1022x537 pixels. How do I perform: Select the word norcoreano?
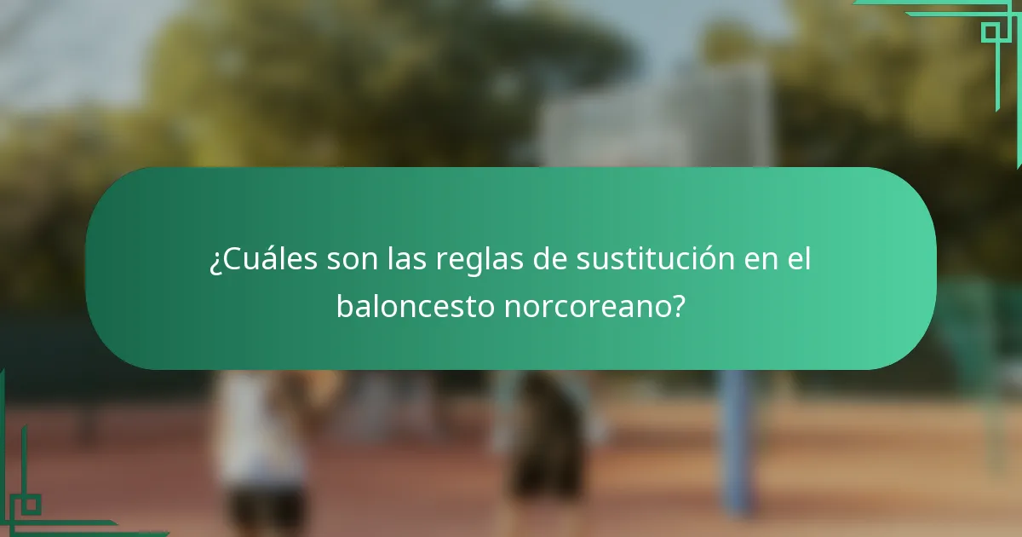coord(585,305)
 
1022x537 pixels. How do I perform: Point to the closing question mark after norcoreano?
coord(678,305)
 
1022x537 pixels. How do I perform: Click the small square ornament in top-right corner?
coord(990,32)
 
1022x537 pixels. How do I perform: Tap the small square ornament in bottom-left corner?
coord(31,505)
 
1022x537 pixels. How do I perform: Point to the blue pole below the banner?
coord(735,443)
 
